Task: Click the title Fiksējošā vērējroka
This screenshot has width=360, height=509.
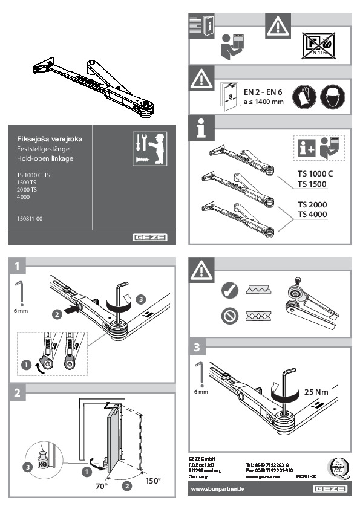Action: pyautogui.click(x=50, y=139)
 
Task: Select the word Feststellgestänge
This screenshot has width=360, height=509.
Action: pyautogui.click(x=42, y=149)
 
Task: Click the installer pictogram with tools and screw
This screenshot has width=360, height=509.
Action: pyautogui.click(x=148, y=148)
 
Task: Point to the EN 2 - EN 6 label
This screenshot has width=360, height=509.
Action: pyautogui.click(x=263, y=92)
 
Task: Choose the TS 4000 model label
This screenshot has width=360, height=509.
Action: pyautogui.click(x=312, y=214)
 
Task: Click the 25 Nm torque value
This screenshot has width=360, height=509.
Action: pyautogui.click(x=316, y=391)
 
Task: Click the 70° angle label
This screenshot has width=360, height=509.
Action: pyautogui.click(x=101, y=485)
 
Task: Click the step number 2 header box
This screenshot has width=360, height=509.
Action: pyautogui.click(x=20, y=392)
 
